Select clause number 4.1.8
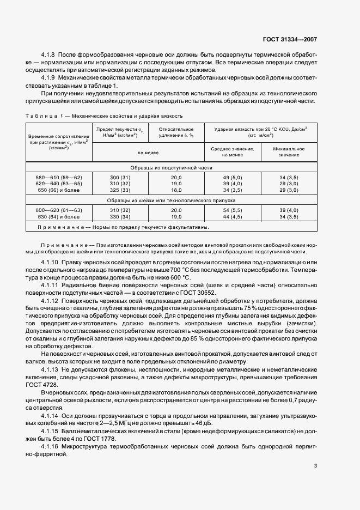click(50, 56)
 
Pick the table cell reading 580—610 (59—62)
click(60, 178)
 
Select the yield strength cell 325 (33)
click(120, 191)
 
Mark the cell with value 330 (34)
click(120, 216)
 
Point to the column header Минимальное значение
click(289, 152)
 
